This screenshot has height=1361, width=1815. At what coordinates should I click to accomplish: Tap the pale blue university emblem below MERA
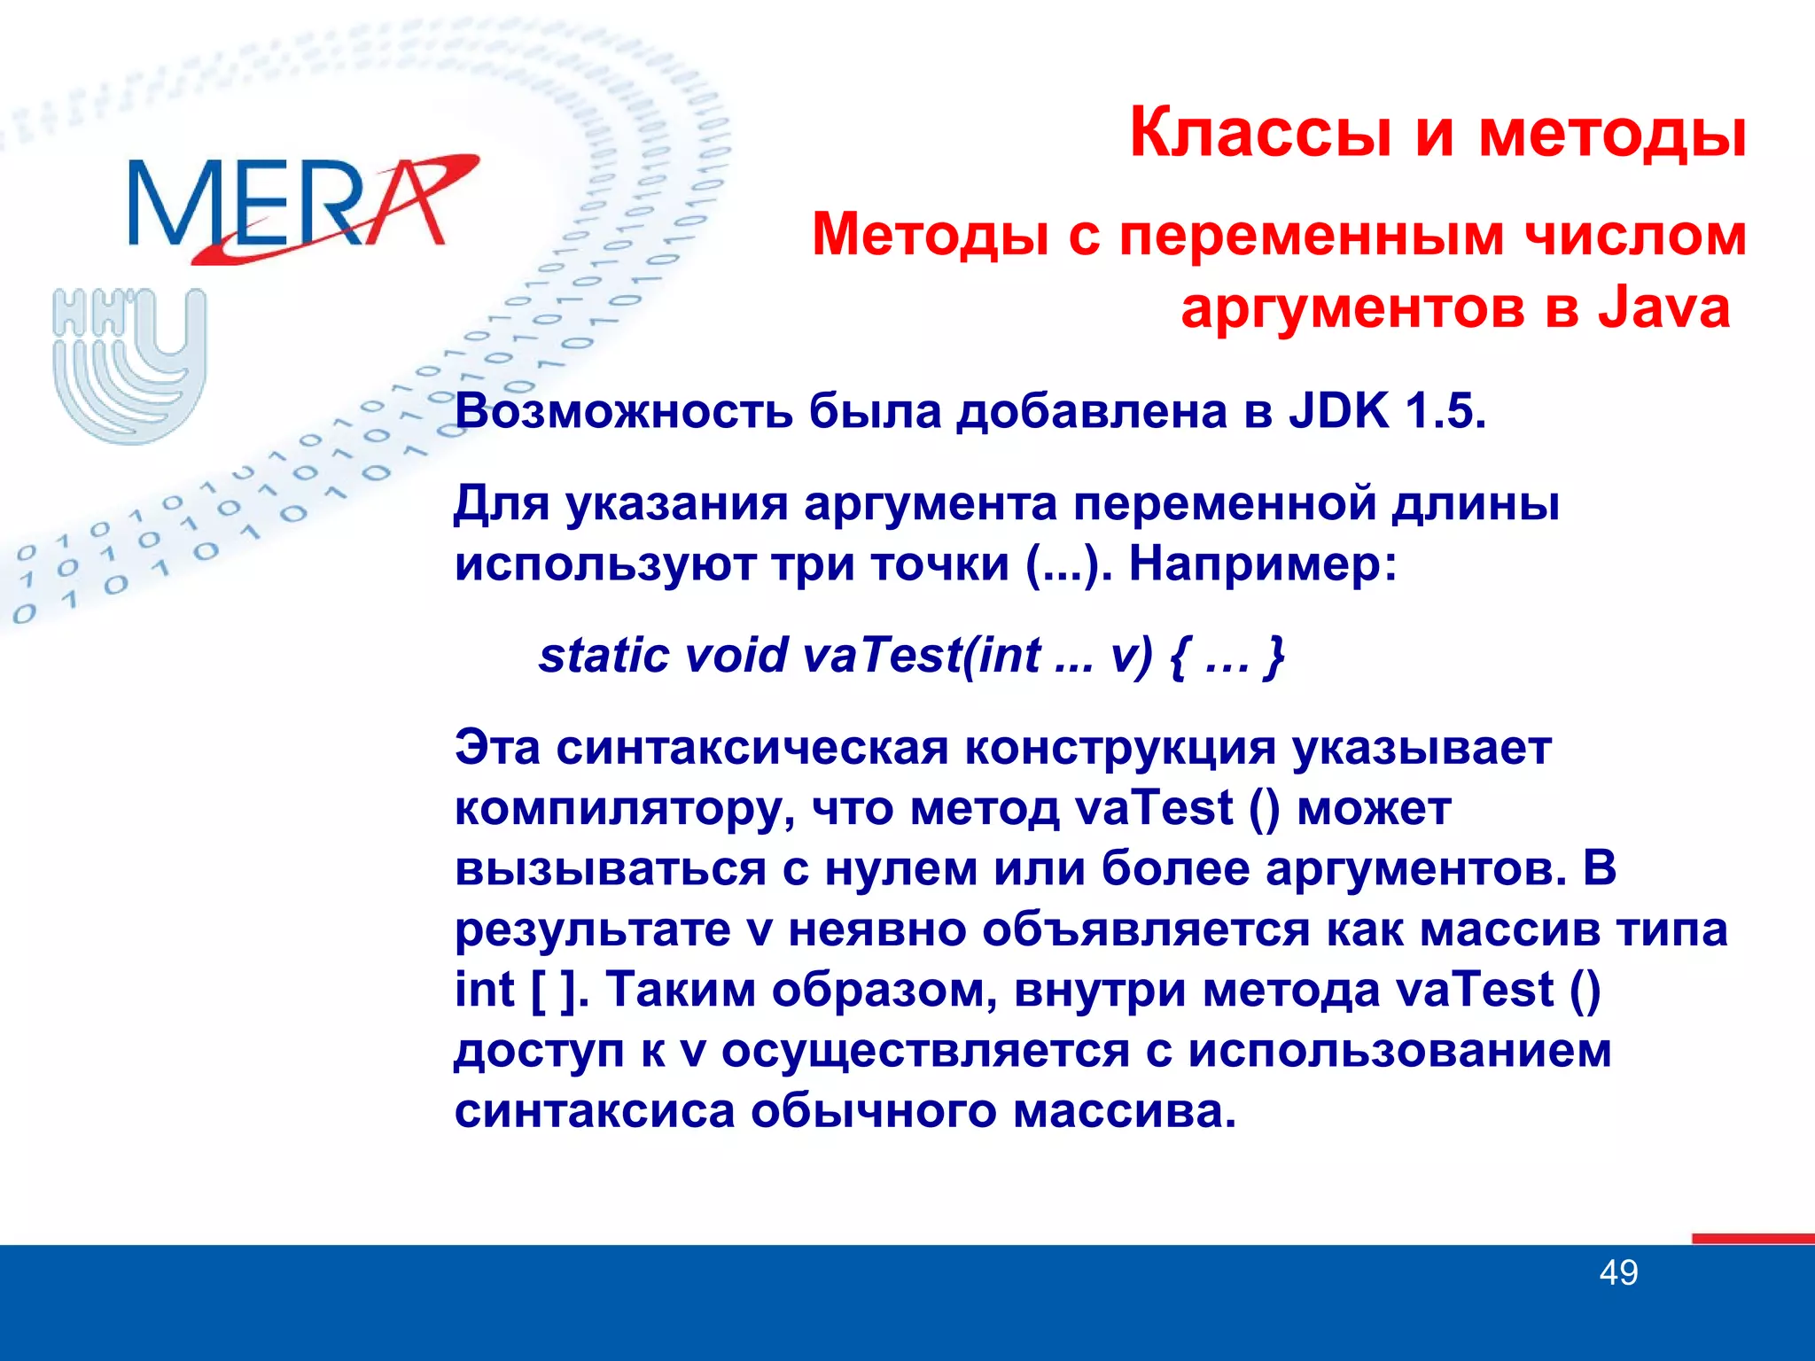129,363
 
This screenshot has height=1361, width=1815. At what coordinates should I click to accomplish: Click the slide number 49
1618,1273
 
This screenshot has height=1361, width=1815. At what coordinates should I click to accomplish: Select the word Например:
1262,564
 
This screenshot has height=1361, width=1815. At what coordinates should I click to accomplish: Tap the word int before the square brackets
484,990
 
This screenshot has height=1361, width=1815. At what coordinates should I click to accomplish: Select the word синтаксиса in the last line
595,1111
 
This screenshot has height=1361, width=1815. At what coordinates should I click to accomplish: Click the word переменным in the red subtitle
1312,236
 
